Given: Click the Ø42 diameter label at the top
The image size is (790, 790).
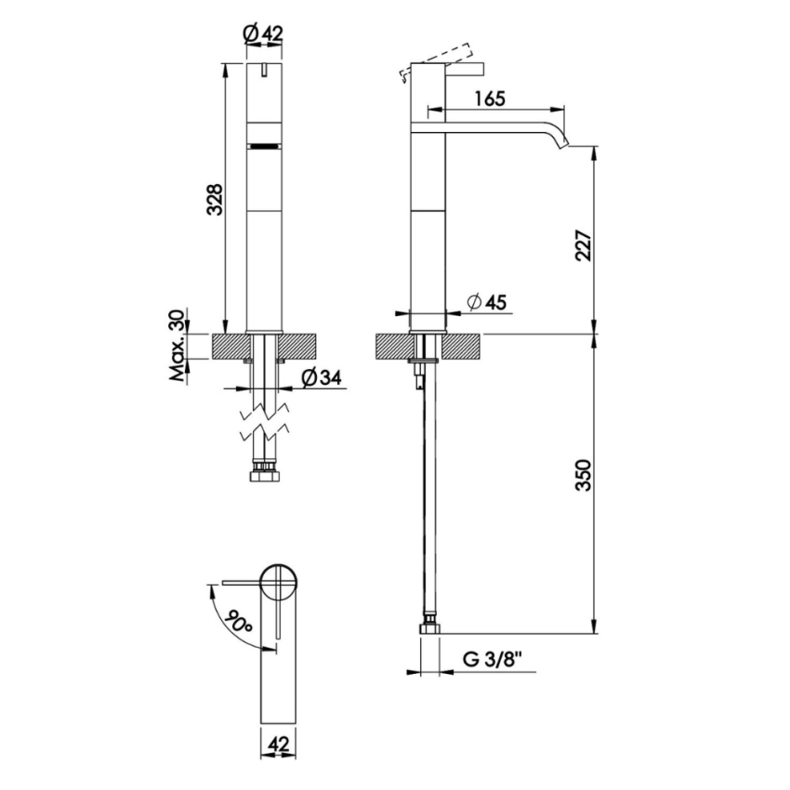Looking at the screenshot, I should click(x=262, y=33).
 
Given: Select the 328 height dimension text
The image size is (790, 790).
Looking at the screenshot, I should click(x=215, y=199).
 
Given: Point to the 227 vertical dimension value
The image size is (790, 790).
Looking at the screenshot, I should click(x=583, y=245).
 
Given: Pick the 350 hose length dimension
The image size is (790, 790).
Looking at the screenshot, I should click(x=583, y=475).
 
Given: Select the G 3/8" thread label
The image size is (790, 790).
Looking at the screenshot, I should click(x=493, y=660).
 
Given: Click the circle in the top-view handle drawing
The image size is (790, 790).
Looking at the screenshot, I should click(x=277, y=582).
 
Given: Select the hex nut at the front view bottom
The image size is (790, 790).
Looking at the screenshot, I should click(x=263, y=476).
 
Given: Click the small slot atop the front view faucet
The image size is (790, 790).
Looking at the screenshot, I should click(x=264, y=70).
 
